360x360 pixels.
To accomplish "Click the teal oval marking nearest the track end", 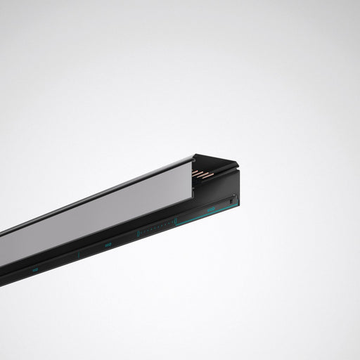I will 210,210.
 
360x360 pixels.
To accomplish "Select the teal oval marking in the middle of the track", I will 108,245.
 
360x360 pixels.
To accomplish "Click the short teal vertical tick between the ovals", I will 79,253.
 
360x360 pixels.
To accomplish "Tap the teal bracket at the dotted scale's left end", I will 138,233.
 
